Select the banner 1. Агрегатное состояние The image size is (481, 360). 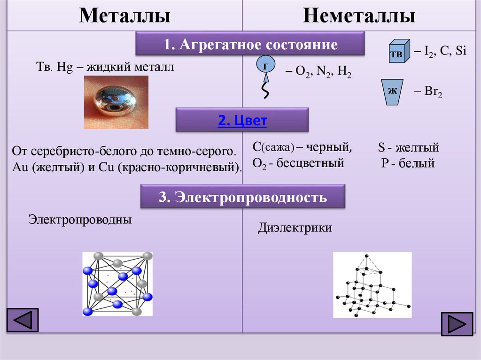click(250, 45)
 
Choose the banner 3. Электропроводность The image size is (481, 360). click(243, 197)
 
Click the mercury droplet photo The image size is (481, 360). click(116, 102)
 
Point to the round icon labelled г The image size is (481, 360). click(265, 67)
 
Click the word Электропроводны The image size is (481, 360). click(80, 219)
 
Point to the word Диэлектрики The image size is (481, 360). click(295, 228)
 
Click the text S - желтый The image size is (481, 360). click(408, 148)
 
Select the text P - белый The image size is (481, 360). click(408, 163)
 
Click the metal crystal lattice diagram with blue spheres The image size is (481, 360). click(117, 284)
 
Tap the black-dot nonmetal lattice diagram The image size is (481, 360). click(372, 285)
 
